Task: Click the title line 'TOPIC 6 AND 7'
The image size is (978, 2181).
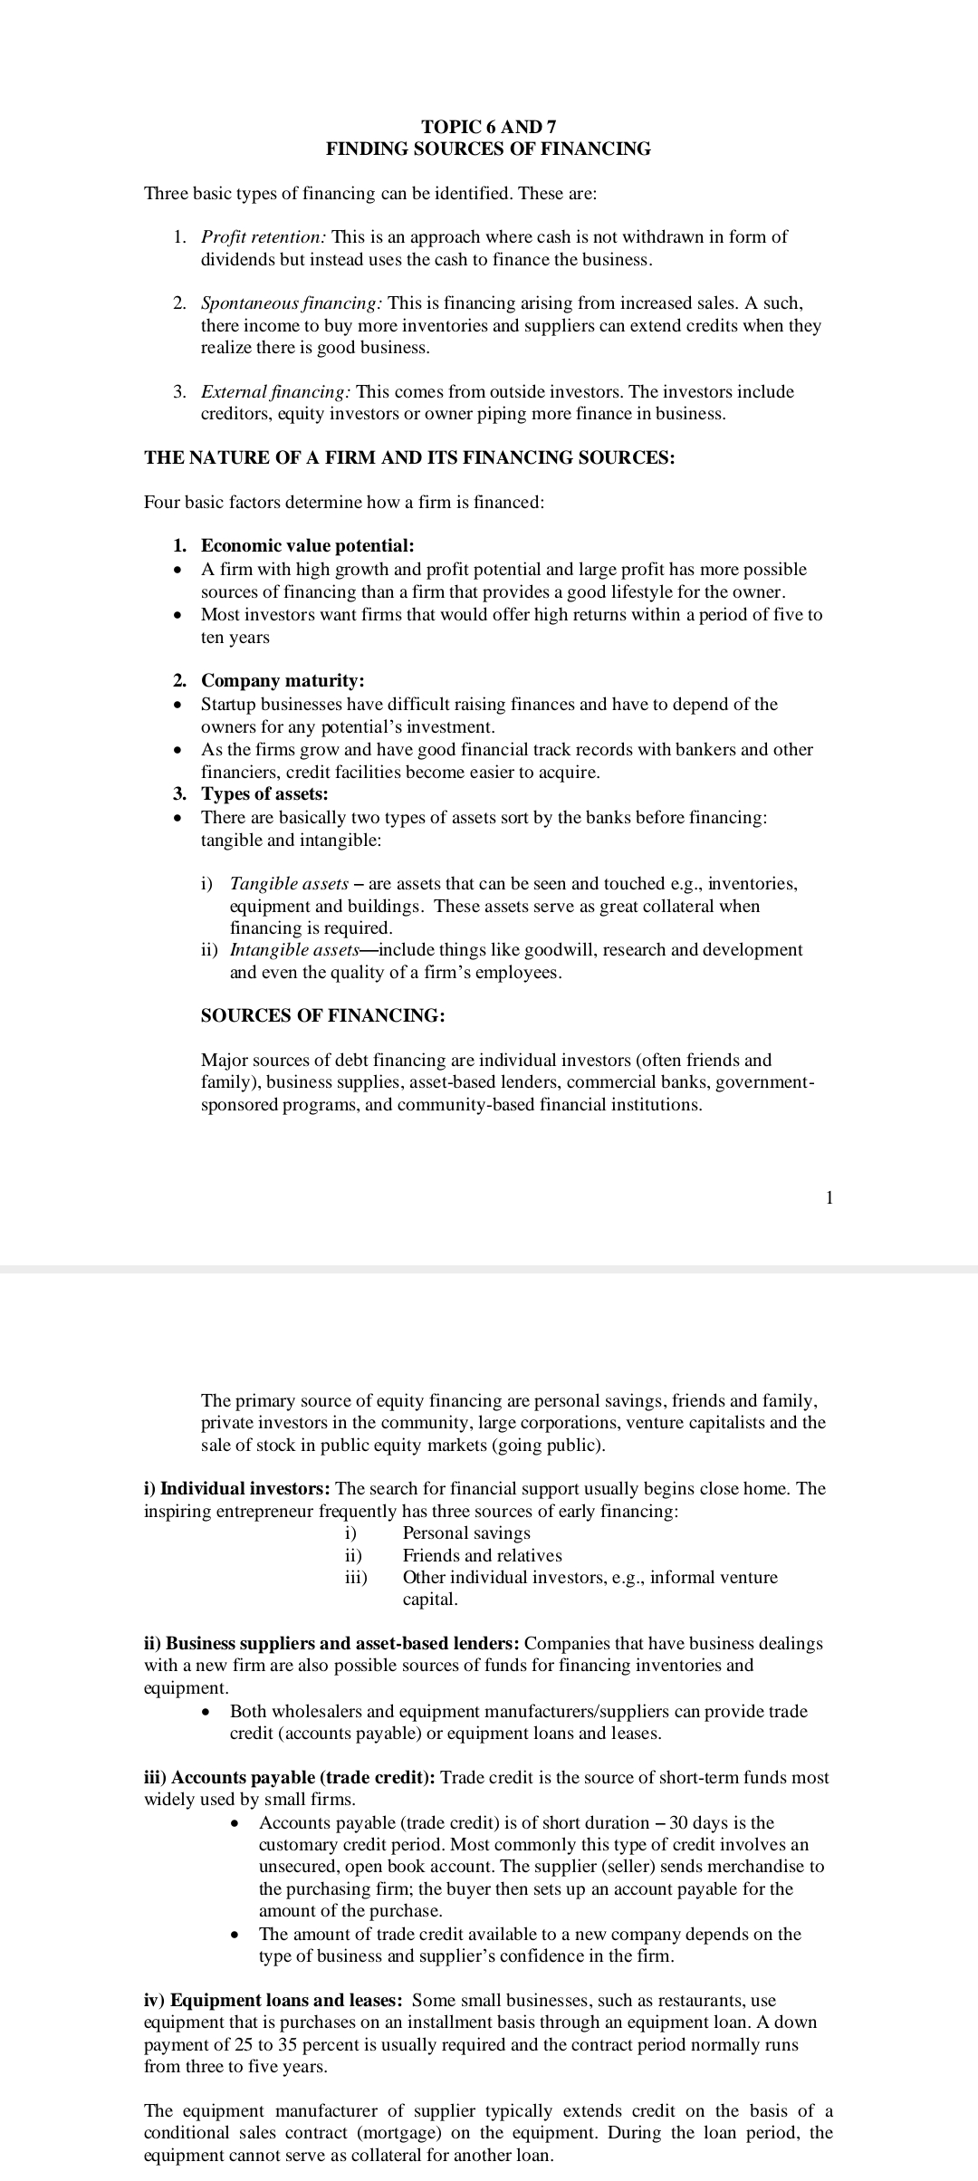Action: [488, 127]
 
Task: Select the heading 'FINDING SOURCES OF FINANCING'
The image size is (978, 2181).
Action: [488, 149]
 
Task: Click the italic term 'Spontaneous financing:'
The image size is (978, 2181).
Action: [292, 303]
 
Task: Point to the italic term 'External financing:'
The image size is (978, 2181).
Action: [276, 392]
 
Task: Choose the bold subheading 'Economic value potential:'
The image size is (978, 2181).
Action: [307, 545]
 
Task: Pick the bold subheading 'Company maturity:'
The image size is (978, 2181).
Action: [283, 680]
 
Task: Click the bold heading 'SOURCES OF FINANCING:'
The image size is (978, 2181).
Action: [322, 1015]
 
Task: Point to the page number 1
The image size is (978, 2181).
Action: [829, 1197]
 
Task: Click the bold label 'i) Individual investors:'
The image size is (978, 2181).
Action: [239, 1488]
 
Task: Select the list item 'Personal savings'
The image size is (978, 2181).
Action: [466, 1532]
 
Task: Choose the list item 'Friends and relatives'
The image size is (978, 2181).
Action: [482, 1555]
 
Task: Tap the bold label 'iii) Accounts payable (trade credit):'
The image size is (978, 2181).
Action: [290, 1777]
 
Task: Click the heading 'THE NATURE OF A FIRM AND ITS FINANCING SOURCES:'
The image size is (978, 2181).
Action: [409, 457]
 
